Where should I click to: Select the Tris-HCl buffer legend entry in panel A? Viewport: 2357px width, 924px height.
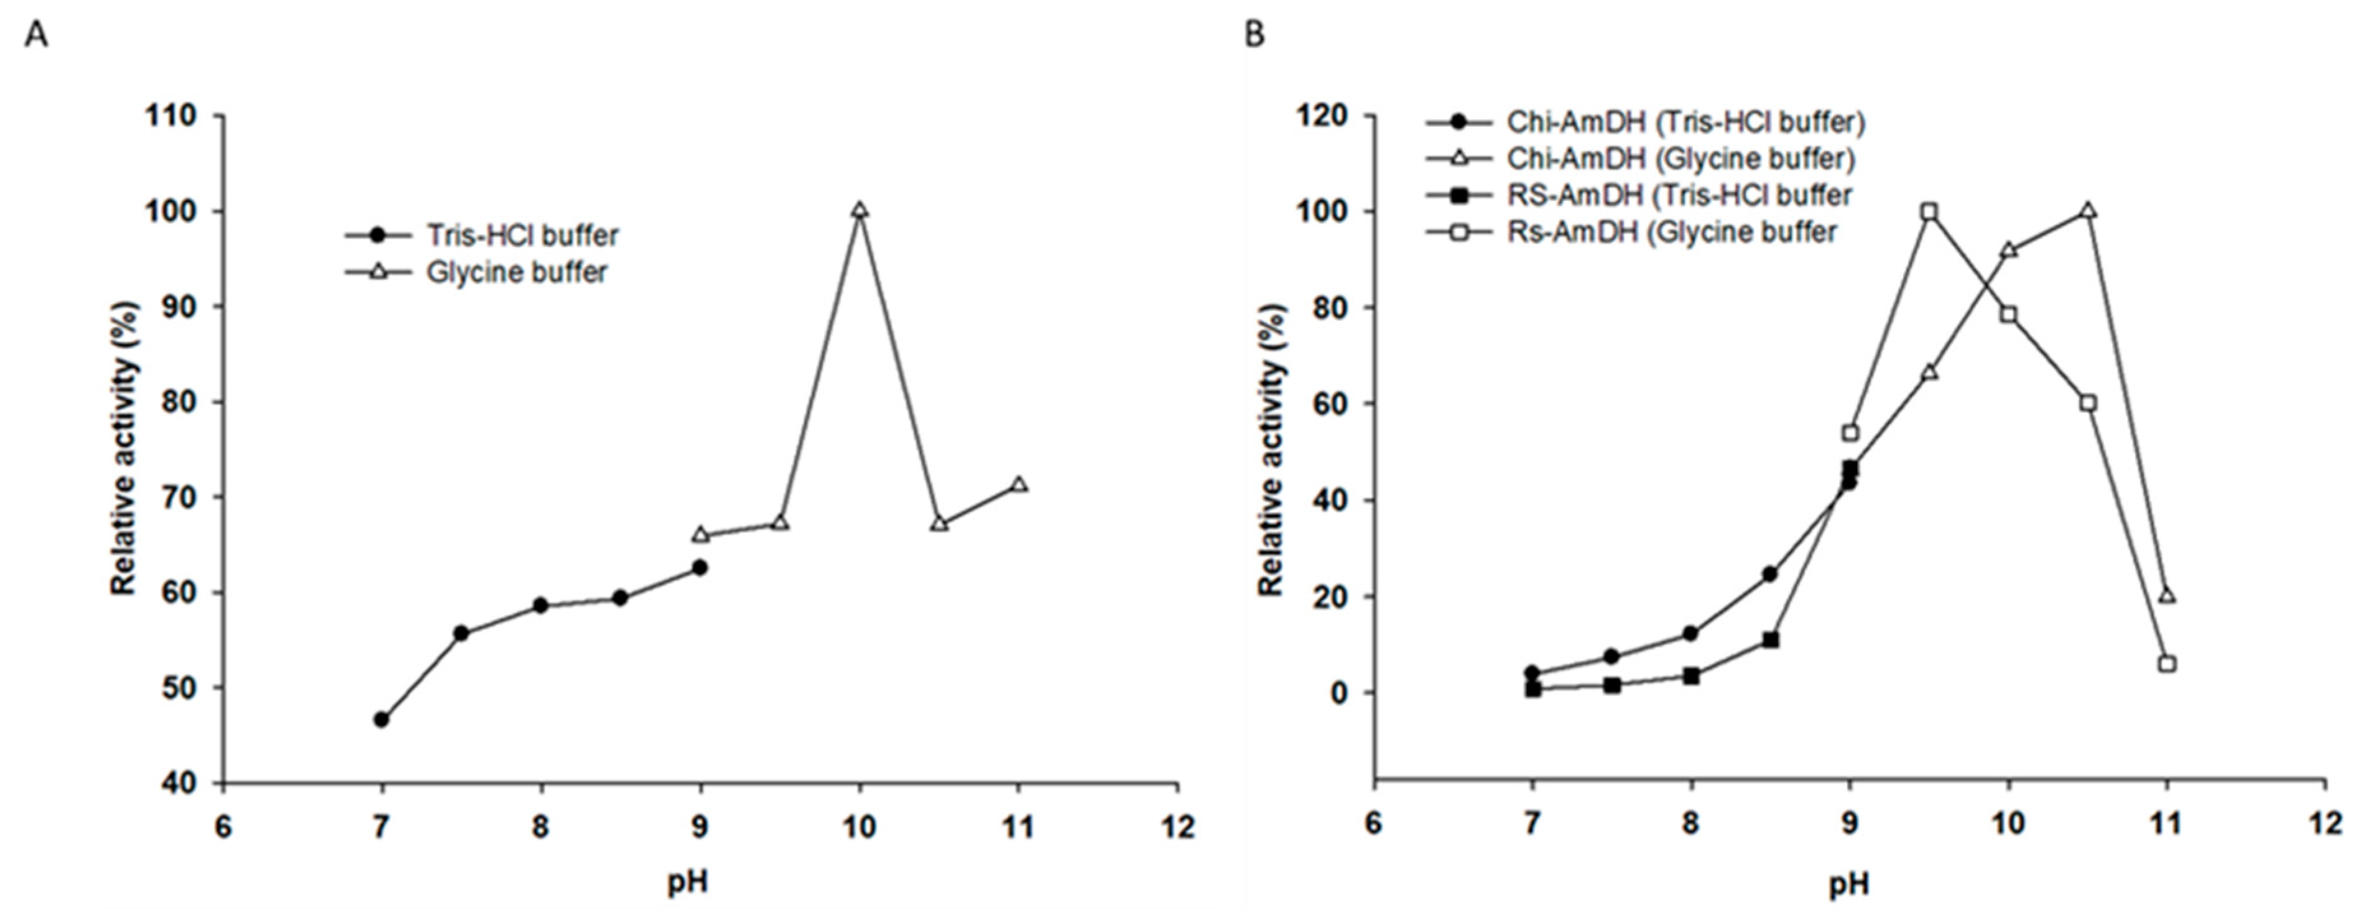[x=522, y=235]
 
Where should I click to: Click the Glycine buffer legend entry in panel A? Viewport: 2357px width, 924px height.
[x=516, y=273]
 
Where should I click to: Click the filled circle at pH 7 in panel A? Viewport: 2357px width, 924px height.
[x=381, y=719]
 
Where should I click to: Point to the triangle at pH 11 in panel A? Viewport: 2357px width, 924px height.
[x=1018, y=484]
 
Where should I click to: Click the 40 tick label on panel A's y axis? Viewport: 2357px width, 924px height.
[x=179, y=783]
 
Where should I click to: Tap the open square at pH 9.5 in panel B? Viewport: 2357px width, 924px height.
[x=1930, y=211]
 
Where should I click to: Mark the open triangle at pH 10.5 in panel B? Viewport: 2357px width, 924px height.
[x=2088, y=211]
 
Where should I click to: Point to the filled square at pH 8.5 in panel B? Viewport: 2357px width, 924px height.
[x=1770, y=640]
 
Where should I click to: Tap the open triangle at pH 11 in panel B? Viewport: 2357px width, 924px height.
[x=2166, y=596]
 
